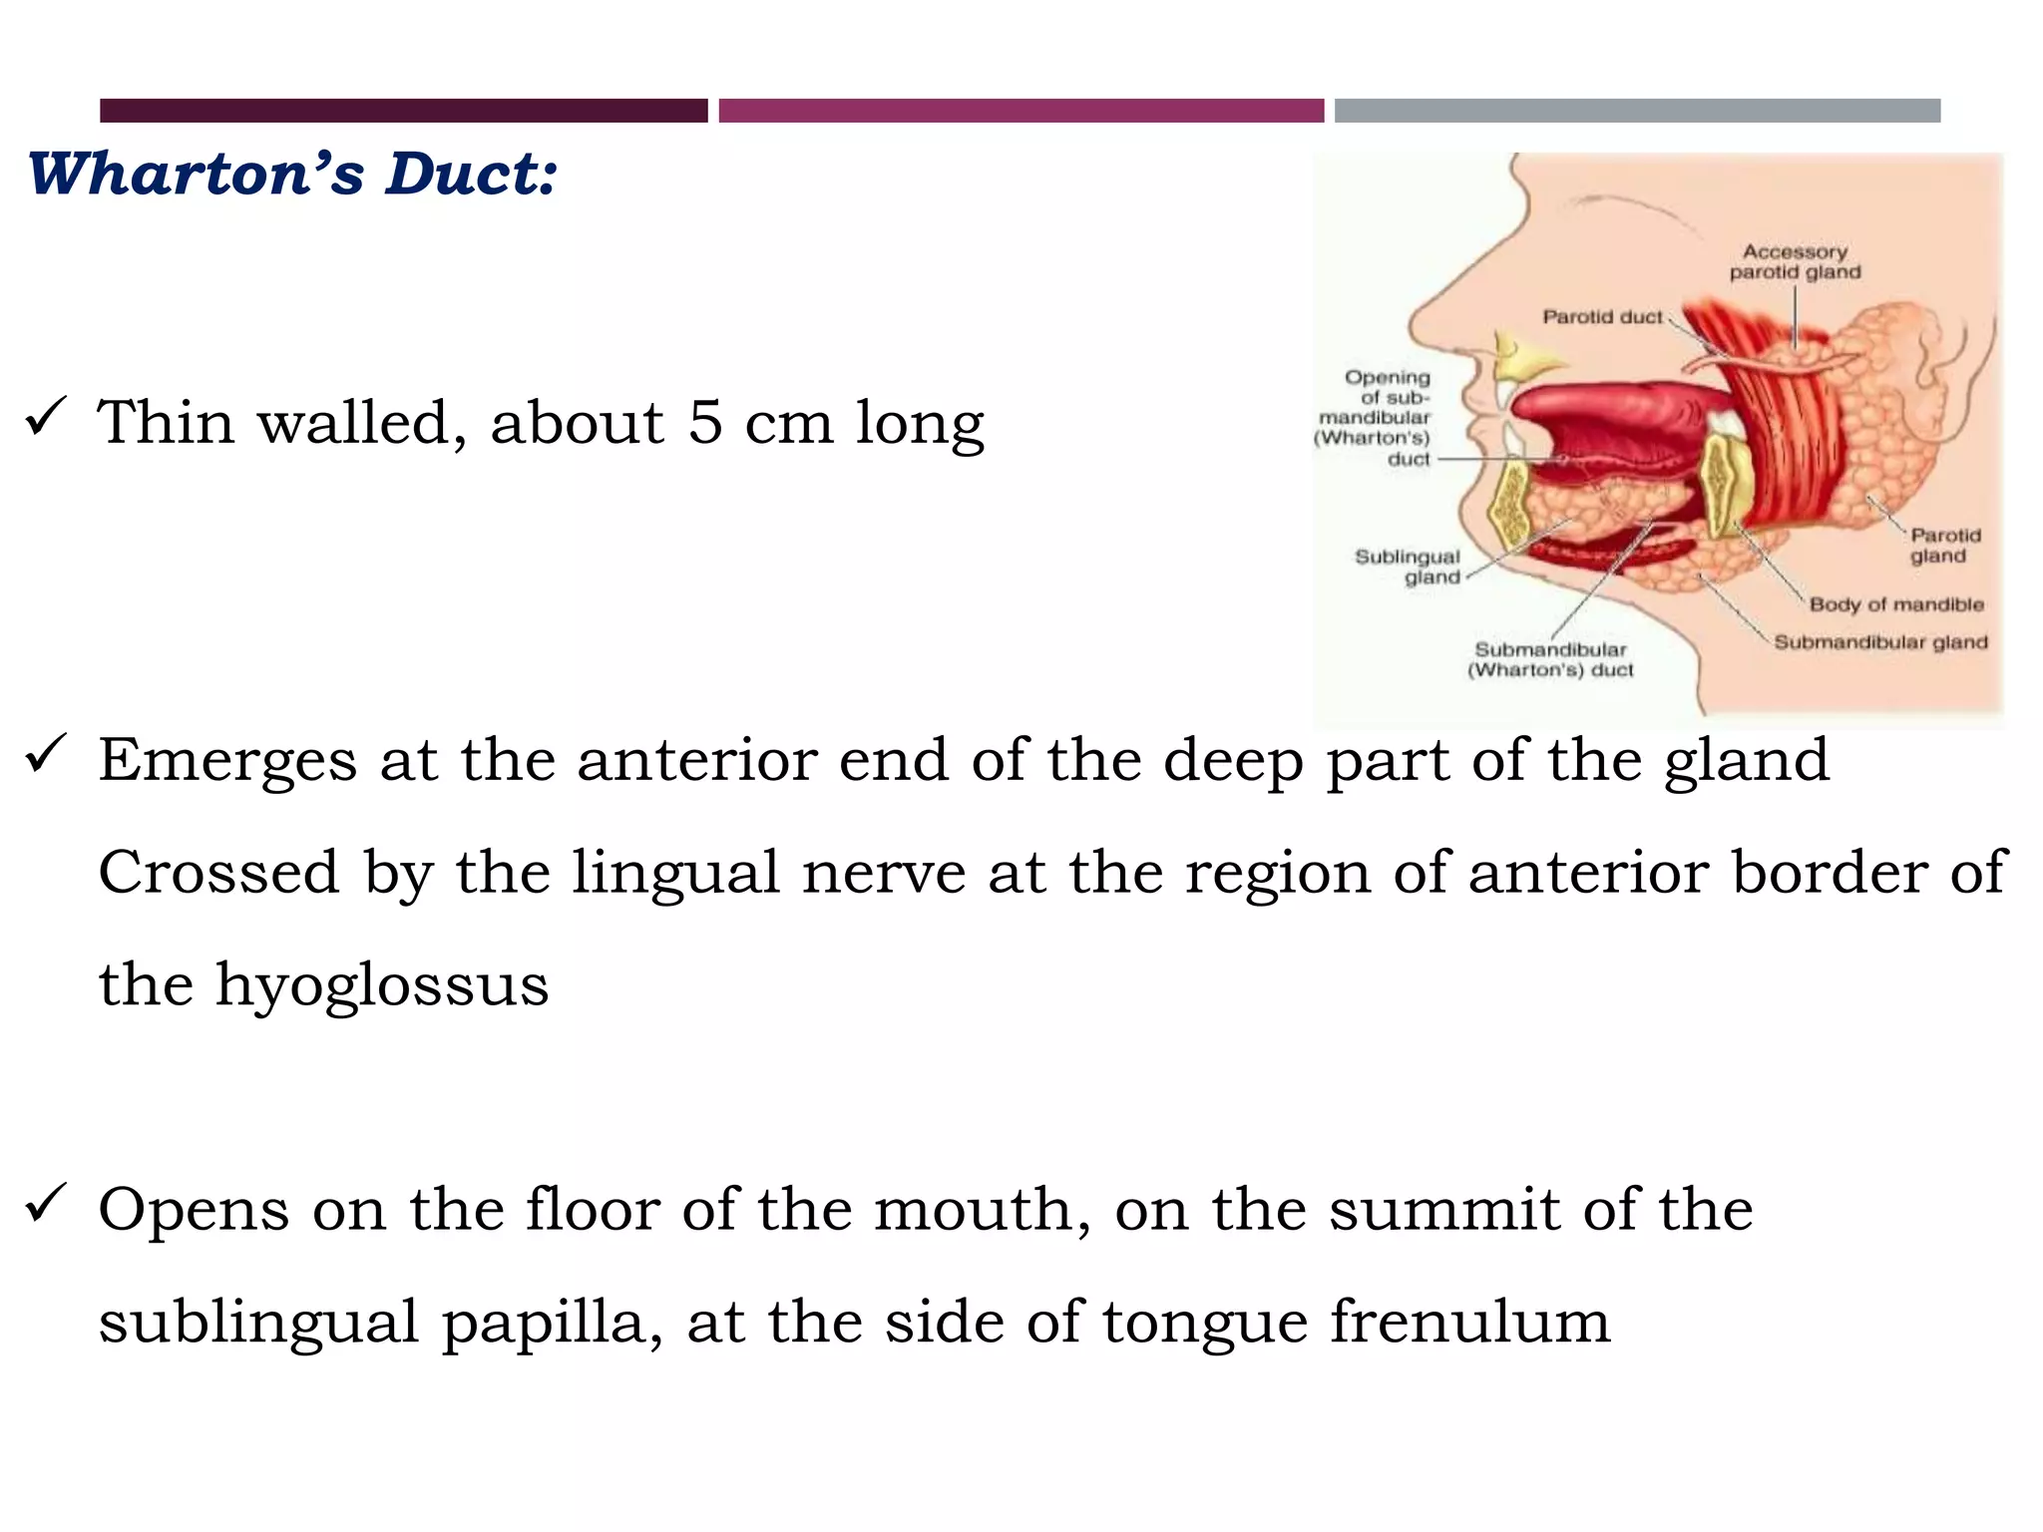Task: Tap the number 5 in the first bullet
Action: [705, 422]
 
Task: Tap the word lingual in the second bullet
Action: [675, 874]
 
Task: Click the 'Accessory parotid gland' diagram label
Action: [1795, 262]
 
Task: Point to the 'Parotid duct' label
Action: [1602, 317]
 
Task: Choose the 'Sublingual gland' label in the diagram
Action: [1408, 567]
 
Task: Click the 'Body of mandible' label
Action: [1895, 604]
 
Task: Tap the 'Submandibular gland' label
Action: [1880, 642]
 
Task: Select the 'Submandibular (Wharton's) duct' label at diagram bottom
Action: [1550, 660]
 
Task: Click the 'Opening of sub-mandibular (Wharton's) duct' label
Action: [1376, 418]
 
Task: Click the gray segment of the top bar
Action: [1637, 111]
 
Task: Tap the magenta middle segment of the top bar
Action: [1021, 111]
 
